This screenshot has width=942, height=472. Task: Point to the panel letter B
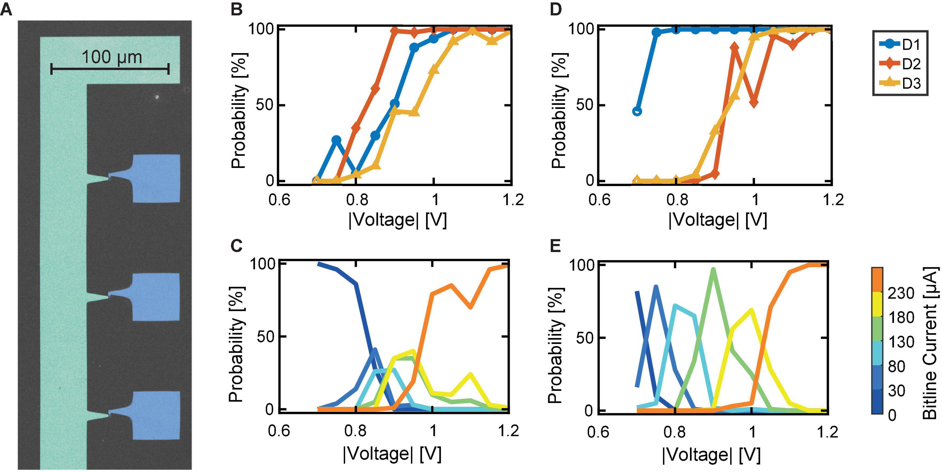pos(237,9)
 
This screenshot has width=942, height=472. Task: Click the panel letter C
pos(237,246)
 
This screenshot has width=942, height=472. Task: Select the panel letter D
pos(556,9)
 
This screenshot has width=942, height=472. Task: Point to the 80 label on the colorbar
pos(897,366)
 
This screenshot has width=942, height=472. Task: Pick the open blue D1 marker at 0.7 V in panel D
pos(637,111)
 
